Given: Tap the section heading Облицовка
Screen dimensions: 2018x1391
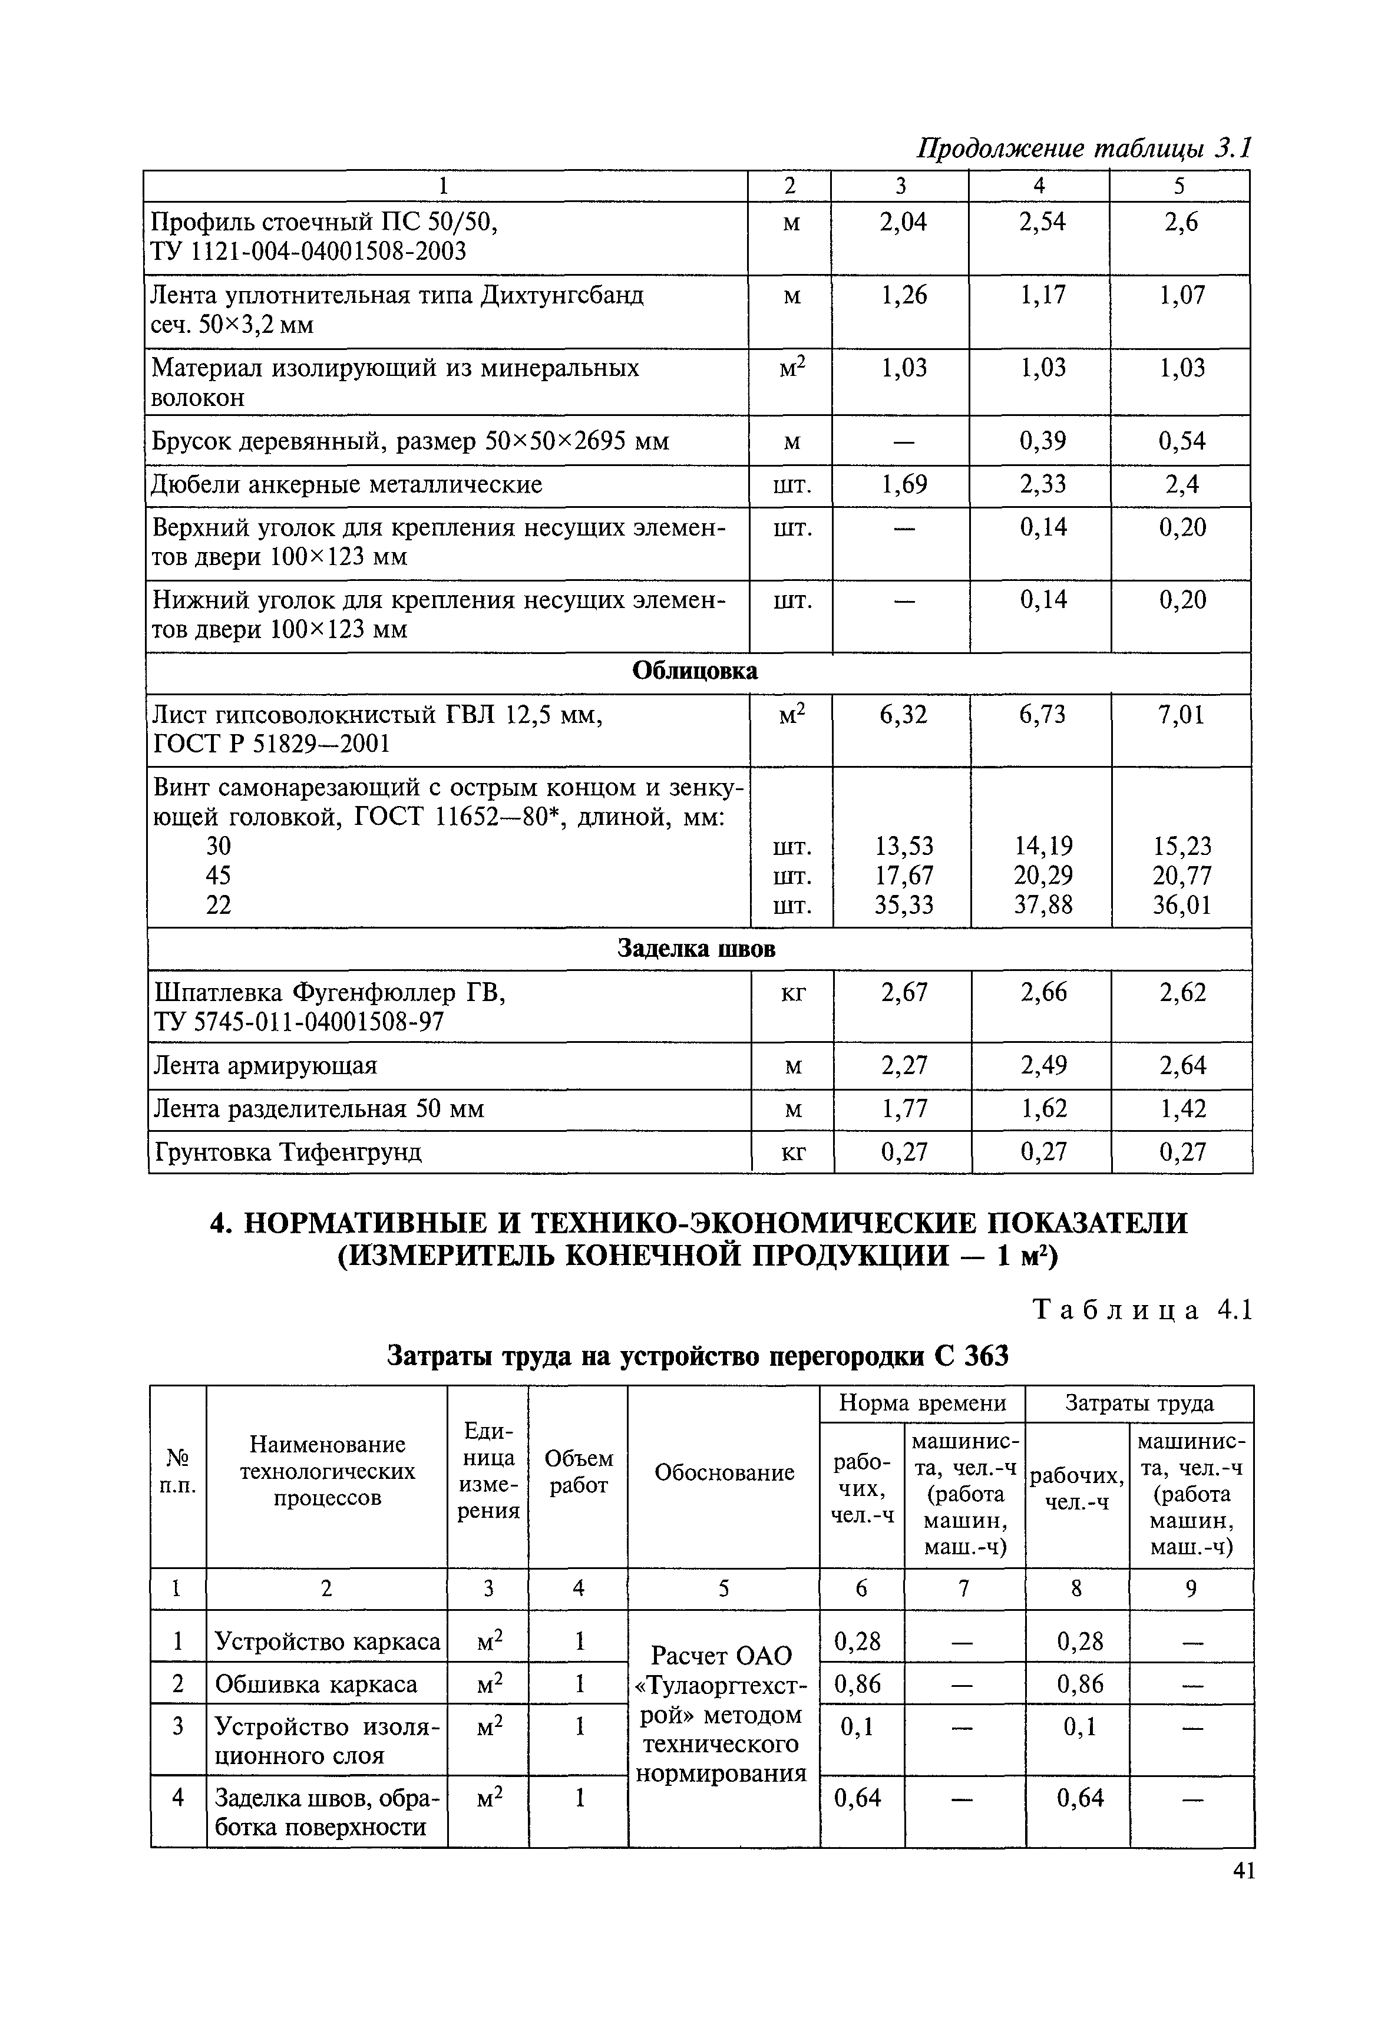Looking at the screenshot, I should click(695, 671).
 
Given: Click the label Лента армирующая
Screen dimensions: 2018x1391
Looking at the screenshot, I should click(265, 1065).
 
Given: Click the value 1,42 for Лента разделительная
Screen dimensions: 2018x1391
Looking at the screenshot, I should click(1182, 1109).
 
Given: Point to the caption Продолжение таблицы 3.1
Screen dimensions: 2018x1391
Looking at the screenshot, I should click(1083, 148).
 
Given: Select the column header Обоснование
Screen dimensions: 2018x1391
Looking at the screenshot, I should click(724, 1472).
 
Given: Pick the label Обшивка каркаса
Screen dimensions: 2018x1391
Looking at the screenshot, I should click(316, 1683).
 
